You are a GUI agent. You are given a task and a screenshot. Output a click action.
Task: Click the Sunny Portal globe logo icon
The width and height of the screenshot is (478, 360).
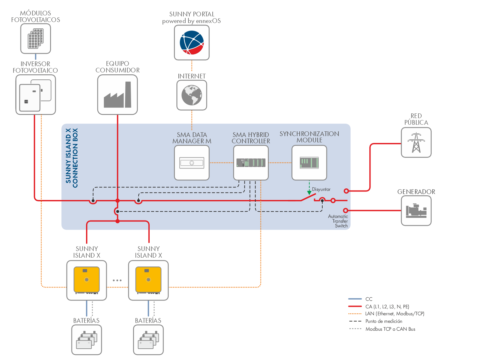(192, 43)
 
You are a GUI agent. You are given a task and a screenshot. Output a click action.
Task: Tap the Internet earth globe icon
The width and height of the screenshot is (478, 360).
(192, 95)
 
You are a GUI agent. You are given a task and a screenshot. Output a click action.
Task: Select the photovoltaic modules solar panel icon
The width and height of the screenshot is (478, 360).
(36, 39)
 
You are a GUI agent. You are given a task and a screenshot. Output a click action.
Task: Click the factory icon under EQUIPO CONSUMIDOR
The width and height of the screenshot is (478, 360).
(118, 95)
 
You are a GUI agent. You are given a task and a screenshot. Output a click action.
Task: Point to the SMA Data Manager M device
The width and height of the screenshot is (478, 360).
(192, 163)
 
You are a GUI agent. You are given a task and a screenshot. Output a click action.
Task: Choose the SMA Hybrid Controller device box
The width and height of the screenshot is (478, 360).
(251, 163)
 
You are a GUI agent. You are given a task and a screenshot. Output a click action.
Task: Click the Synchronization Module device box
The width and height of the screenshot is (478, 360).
(309, 163)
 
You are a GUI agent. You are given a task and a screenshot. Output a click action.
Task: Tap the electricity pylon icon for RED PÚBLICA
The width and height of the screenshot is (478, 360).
(416, 143)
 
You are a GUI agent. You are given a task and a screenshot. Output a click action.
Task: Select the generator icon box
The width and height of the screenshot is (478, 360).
(416, 211)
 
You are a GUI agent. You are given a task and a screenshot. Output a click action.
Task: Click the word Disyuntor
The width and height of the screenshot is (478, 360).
(321, 189)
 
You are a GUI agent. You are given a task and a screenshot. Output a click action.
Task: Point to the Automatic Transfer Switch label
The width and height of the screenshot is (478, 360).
(338, 221)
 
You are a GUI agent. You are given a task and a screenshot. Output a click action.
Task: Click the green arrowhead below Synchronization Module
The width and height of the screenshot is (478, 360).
(309, 192)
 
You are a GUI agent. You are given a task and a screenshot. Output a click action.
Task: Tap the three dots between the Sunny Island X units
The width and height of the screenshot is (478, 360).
(117, 280)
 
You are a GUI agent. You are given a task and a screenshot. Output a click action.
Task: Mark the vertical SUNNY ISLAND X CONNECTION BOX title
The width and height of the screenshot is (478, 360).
(72, 158)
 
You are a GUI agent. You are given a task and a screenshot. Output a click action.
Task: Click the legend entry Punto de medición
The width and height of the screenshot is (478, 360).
(384, 321)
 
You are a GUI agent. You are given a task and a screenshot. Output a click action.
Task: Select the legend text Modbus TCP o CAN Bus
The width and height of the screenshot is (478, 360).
(390, 329)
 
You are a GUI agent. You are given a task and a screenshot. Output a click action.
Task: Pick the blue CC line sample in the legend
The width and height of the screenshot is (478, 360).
(355, 299)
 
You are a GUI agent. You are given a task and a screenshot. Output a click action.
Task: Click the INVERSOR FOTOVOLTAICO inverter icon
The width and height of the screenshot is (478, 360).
(36, 94)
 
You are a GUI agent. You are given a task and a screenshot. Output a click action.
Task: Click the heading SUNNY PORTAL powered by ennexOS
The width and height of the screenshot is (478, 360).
(192, 18)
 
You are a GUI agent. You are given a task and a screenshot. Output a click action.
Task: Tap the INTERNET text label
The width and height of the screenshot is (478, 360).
(192, 76)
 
